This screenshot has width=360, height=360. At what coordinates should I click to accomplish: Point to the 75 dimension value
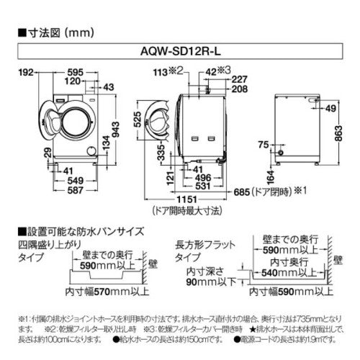coord(264,144)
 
